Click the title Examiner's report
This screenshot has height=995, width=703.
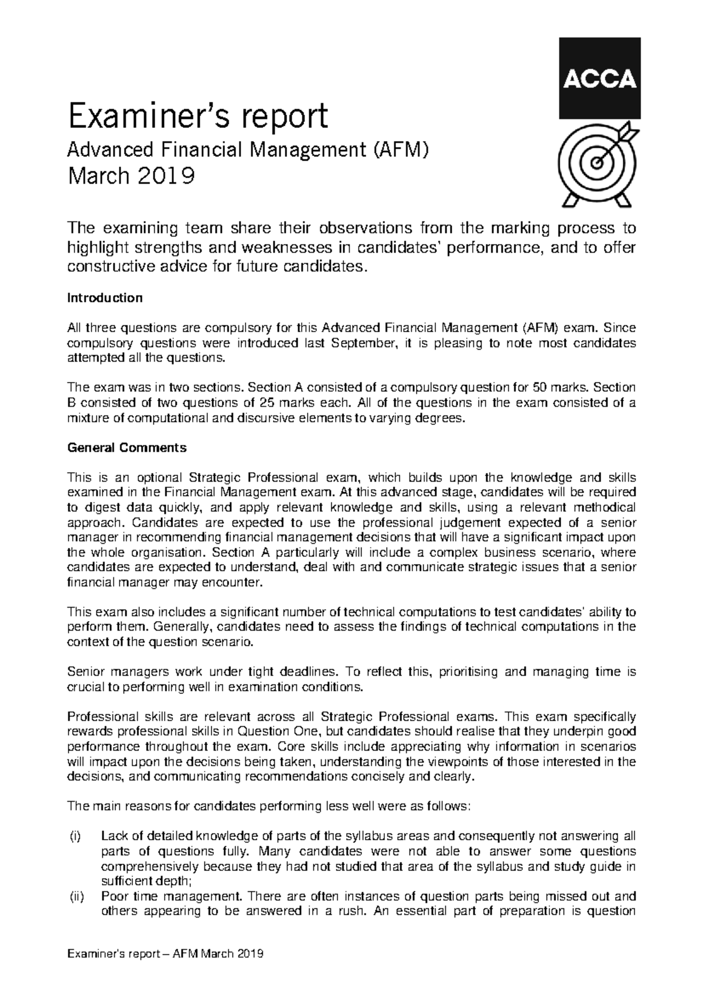[x=198, y=116]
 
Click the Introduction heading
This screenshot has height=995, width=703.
[x=105, y=298]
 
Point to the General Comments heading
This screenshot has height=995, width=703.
[x=127, y=448]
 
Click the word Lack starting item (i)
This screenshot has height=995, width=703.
[x=114, y=836]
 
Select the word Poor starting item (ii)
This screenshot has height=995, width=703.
[x=113, y=897]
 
